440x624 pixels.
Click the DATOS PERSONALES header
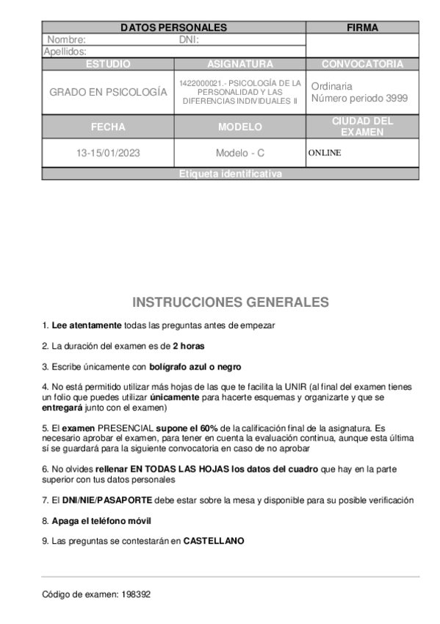[173, 28]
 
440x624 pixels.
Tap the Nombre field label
[67, 40]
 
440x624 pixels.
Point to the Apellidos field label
[65, 52]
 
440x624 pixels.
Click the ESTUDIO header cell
[108, 64]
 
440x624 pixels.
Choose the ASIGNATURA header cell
[240, 64]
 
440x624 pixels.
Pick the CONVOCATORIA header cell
[362, 64]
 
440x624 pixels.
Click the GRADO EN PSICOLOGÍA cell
[108, 93]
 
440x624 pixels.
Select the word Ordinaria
[331, 86]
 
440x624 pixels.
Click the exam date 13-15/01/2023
[108, 153]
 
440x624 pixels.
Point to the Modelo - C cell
[240, 153]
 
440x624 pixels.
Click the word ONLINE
[325, 153]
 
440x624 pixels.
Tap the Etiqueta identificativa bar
[230, 174]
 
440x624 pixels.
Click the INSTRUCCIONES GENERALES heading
[230, 302]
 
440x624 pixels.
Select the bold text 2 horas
[188, 345]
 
